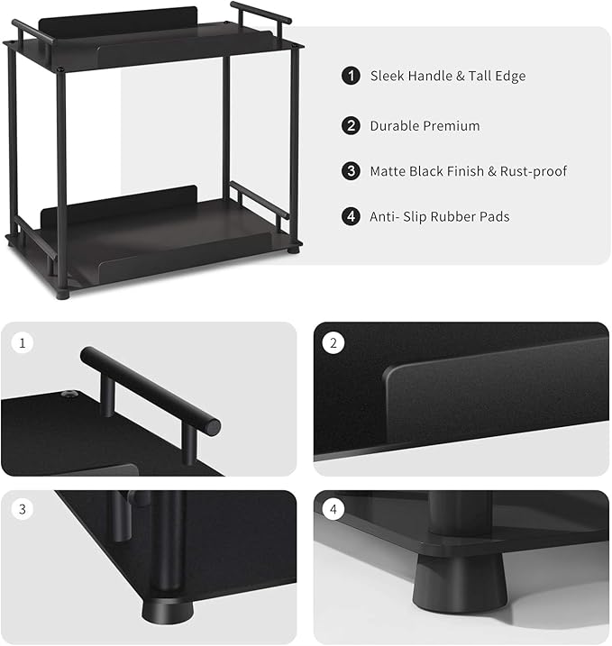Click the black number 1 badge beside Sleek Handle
click(351, 76)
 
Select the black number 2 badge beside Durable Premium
click(351, 126)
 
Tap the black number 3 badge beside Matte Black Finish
click(351, 171)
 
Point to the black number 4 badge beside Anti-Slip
click(351, 216)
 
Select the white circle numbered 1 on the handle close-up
click(22, 343)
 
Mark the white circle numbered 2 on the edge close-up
click(333, 343)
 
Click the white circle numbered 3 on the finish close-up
click(22, 510)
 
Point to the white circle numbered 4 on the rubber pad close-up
click(333, 510)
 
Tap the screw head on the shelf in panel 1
click(67, 395)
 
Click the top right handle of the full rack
click(260, 14)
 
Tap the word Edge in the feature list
click(509, 76)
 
